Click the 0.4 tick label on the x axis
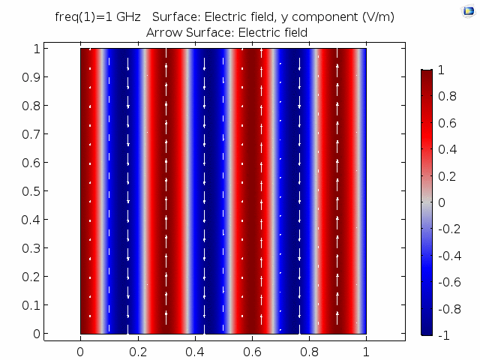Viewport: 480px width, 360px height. tap(195, 349)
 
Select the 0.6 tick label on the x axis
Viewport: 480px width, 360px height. tap(252, 349)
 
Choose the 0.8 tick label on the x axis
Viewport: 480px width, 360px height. tap(309, 349)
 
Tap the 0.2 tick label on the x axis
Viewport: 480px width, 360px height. tap(137, 349)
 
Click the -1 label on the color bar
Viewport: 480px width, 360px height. tap(444, 334)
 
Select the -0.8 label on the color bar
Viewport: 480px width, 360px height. tap(448, 308)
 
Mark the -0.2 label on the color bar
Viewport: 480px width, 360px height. tap(448, 229)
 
